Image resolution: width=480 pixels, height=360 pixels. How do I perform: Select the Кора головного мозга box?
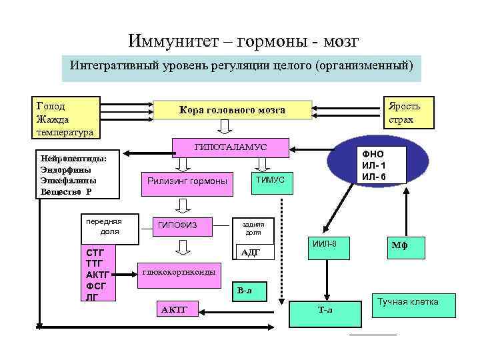(232, 110)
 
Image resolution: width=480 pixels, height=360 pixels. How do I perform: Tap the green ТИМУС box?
(269, 181)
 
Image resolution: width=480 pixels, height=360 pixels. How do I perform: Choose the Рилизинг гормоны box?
(186, 181)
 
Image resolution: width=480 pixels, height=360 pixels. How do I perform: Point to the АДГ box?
(249, 251)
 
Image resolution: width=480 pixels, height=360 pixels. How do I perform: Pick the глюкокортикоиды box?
(178, 272)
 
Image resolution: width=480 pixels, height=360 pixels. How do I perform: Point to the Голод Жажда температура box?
(67, 119)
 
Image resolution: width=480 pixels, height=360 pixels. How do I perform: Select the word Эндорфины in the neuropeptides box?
(69, 169)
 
